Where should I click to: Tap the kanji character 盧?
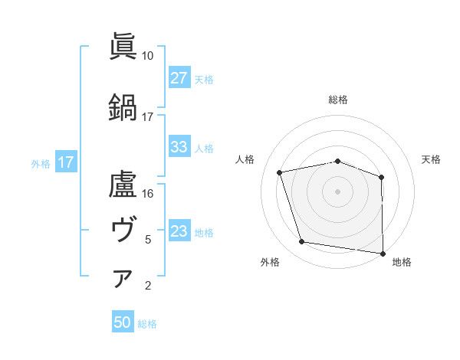(x=123, y=183)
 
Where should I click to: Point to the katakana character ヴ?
(x=123, y=228)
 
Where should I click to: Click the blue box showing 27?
(x=179, y=77)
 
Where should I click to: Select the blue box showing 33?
(x=179, y=147)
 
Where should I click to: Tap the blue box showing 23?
(x=179, y=231)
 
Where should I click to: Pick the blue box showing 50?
(x=123, y=322)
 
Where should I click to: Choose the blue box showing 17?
(x=65, y=162)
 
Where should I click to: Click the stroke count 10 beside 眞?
(x=147, y=56)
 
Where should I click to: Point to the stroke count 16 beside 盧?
(x=147, y=193)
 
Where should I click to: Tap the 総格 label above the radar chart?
(x=338, y=100)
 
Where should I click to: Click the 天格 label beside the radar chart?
(x=431, y=159)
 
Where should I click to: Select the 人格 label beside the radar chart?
(x=245, y=159)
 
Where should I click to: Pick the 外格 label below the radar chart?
(x=270, y=263)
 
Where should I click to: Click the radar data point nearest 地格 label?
(x=383, y=253)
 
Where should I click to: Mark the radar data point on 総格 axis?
(x=338, y=162)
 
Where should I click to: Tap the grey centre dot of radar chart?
(x=338, y=191)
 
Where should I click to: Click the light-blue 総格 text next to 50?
(x=147, y=324)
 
